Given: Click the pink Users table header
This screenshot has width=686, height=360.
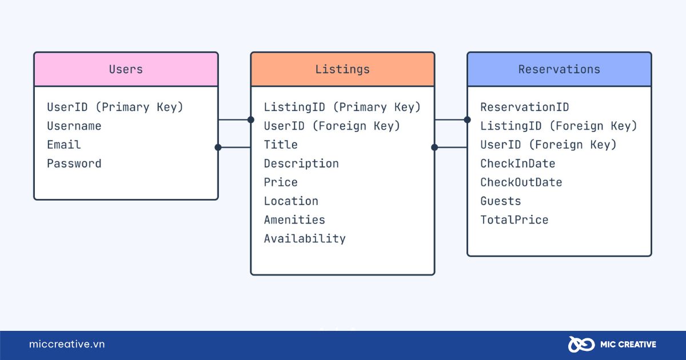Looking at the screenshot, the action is click(x=126, y=69).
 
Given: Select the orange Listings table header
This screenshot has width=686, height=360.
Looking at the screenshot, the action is click(x=342, y=69).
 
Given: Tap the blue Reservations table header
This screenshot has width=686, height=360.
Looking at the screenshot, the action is click(x=559, y=69).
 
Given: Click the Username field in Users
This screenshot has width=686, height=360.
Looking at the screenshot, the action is click(x=74, y=126).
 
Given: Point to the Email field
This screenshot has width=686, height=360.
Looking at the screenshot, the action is click(x=64, y=145).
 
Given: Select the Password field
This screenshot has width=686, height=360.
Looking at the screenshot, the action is click(x=74, y=163).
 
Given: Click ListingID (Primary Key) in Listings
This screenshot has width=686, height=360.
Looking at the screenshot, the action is click(x=342, y=107).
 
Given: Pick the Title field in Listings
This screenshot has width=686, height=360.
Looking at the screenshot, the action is click(x=281, y=145).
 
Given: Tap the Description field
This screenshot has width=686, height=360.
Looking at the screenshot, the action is click(x=301, y=164).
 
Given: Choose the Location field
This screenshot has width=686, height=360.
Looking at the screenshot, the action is click(x=291, y=201).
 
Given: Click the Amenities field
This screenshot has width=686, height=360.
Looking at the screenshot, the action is click(x=294, y=220).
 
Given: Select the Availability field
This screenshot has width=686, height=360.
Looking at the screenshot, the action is click(x=305, y=239).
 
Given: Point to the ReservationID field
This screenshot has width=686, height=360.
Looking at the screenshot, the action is click(x=525, y=107).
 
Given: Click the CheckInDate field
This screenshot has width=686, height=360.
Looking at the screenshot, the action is click(x=517, y=163).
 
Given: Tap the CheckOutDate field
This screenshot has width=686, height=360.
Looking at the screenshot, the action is click(x=521, y=182).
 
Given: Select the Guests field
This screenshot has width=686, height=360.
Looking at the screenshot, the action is click(x=501, y=201).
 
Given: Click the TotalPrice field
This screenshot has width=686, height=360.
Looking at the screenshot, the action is click(x=514, y=220).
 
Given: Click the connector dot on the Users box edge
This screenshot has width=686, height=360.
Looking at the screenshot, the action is click(x=218, y=147).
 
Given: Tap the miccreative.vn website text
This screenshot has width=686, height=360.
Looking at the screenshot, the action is click(x=67, y=344).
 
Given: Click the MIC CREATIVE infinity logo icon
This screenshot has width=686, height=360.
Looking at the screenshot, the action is click(x=581, y=345).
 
